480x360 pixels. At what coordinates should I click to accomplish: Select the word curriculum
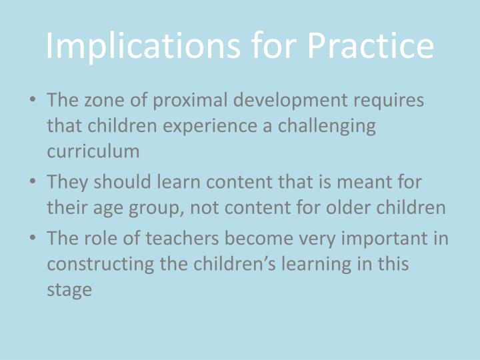point(93,151)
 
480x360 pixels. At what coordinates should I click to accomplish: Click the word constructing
point(97,263)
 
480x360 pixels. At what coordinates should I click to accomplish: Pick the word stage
point(69,290)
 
